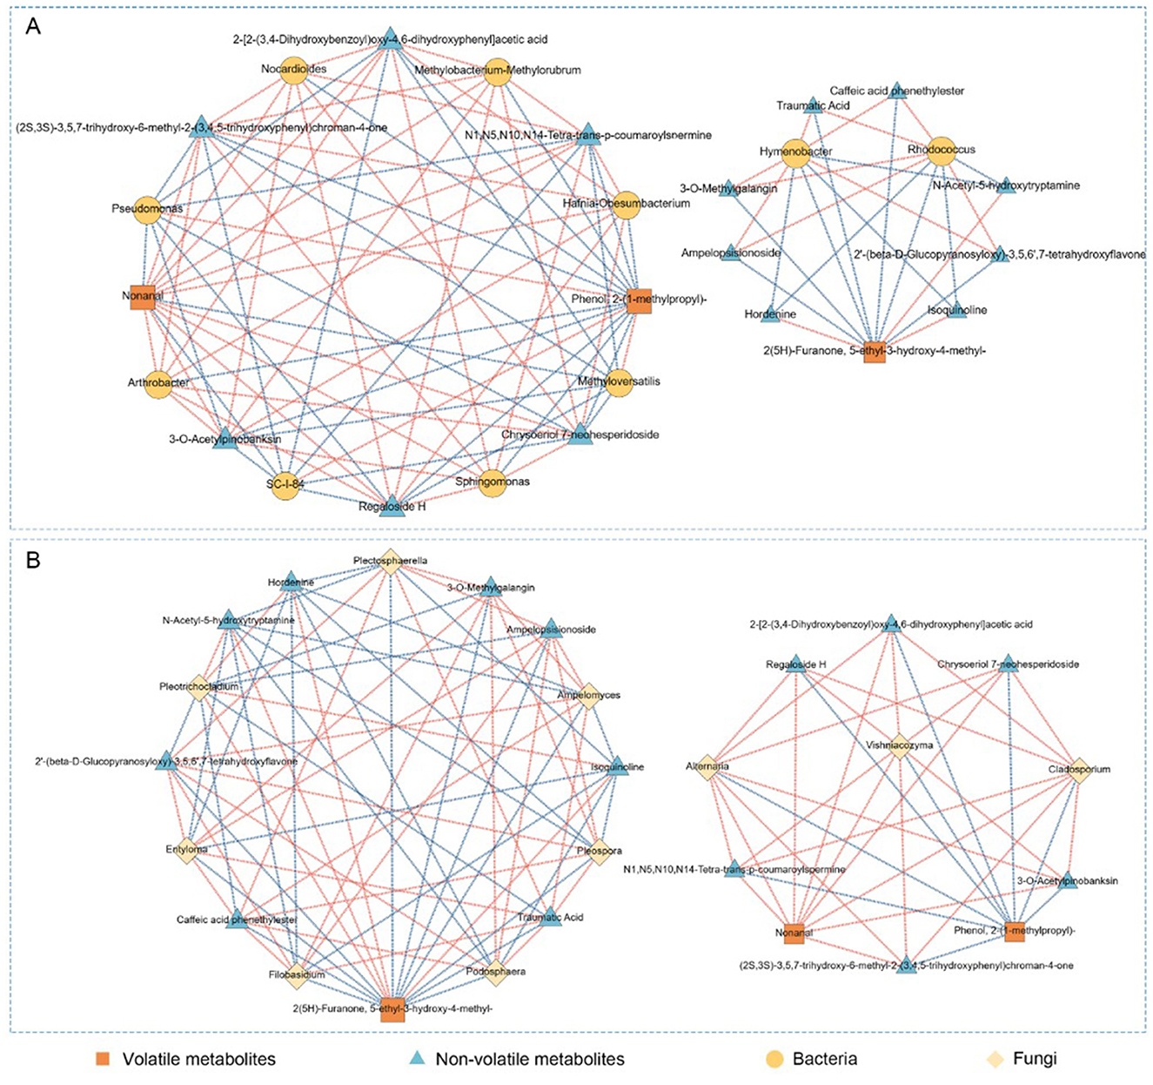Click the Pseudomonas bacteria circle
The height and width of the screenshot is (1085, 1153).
(147, 210)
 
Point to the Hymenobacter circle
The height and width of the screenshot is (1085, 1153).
(795, 153)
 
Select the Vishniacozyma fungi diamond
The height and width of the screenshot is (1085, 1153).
(900, 746)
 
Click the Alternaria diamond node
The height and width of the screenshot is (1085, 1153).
(707, 767)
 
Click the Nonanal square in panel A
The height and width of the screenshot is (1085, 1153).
(142, 297)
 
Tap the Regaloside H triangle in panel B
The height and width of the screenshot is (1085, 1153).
(796, 664)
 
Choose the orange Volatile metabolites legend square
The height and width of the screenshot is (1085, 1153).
(104, 1059)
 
